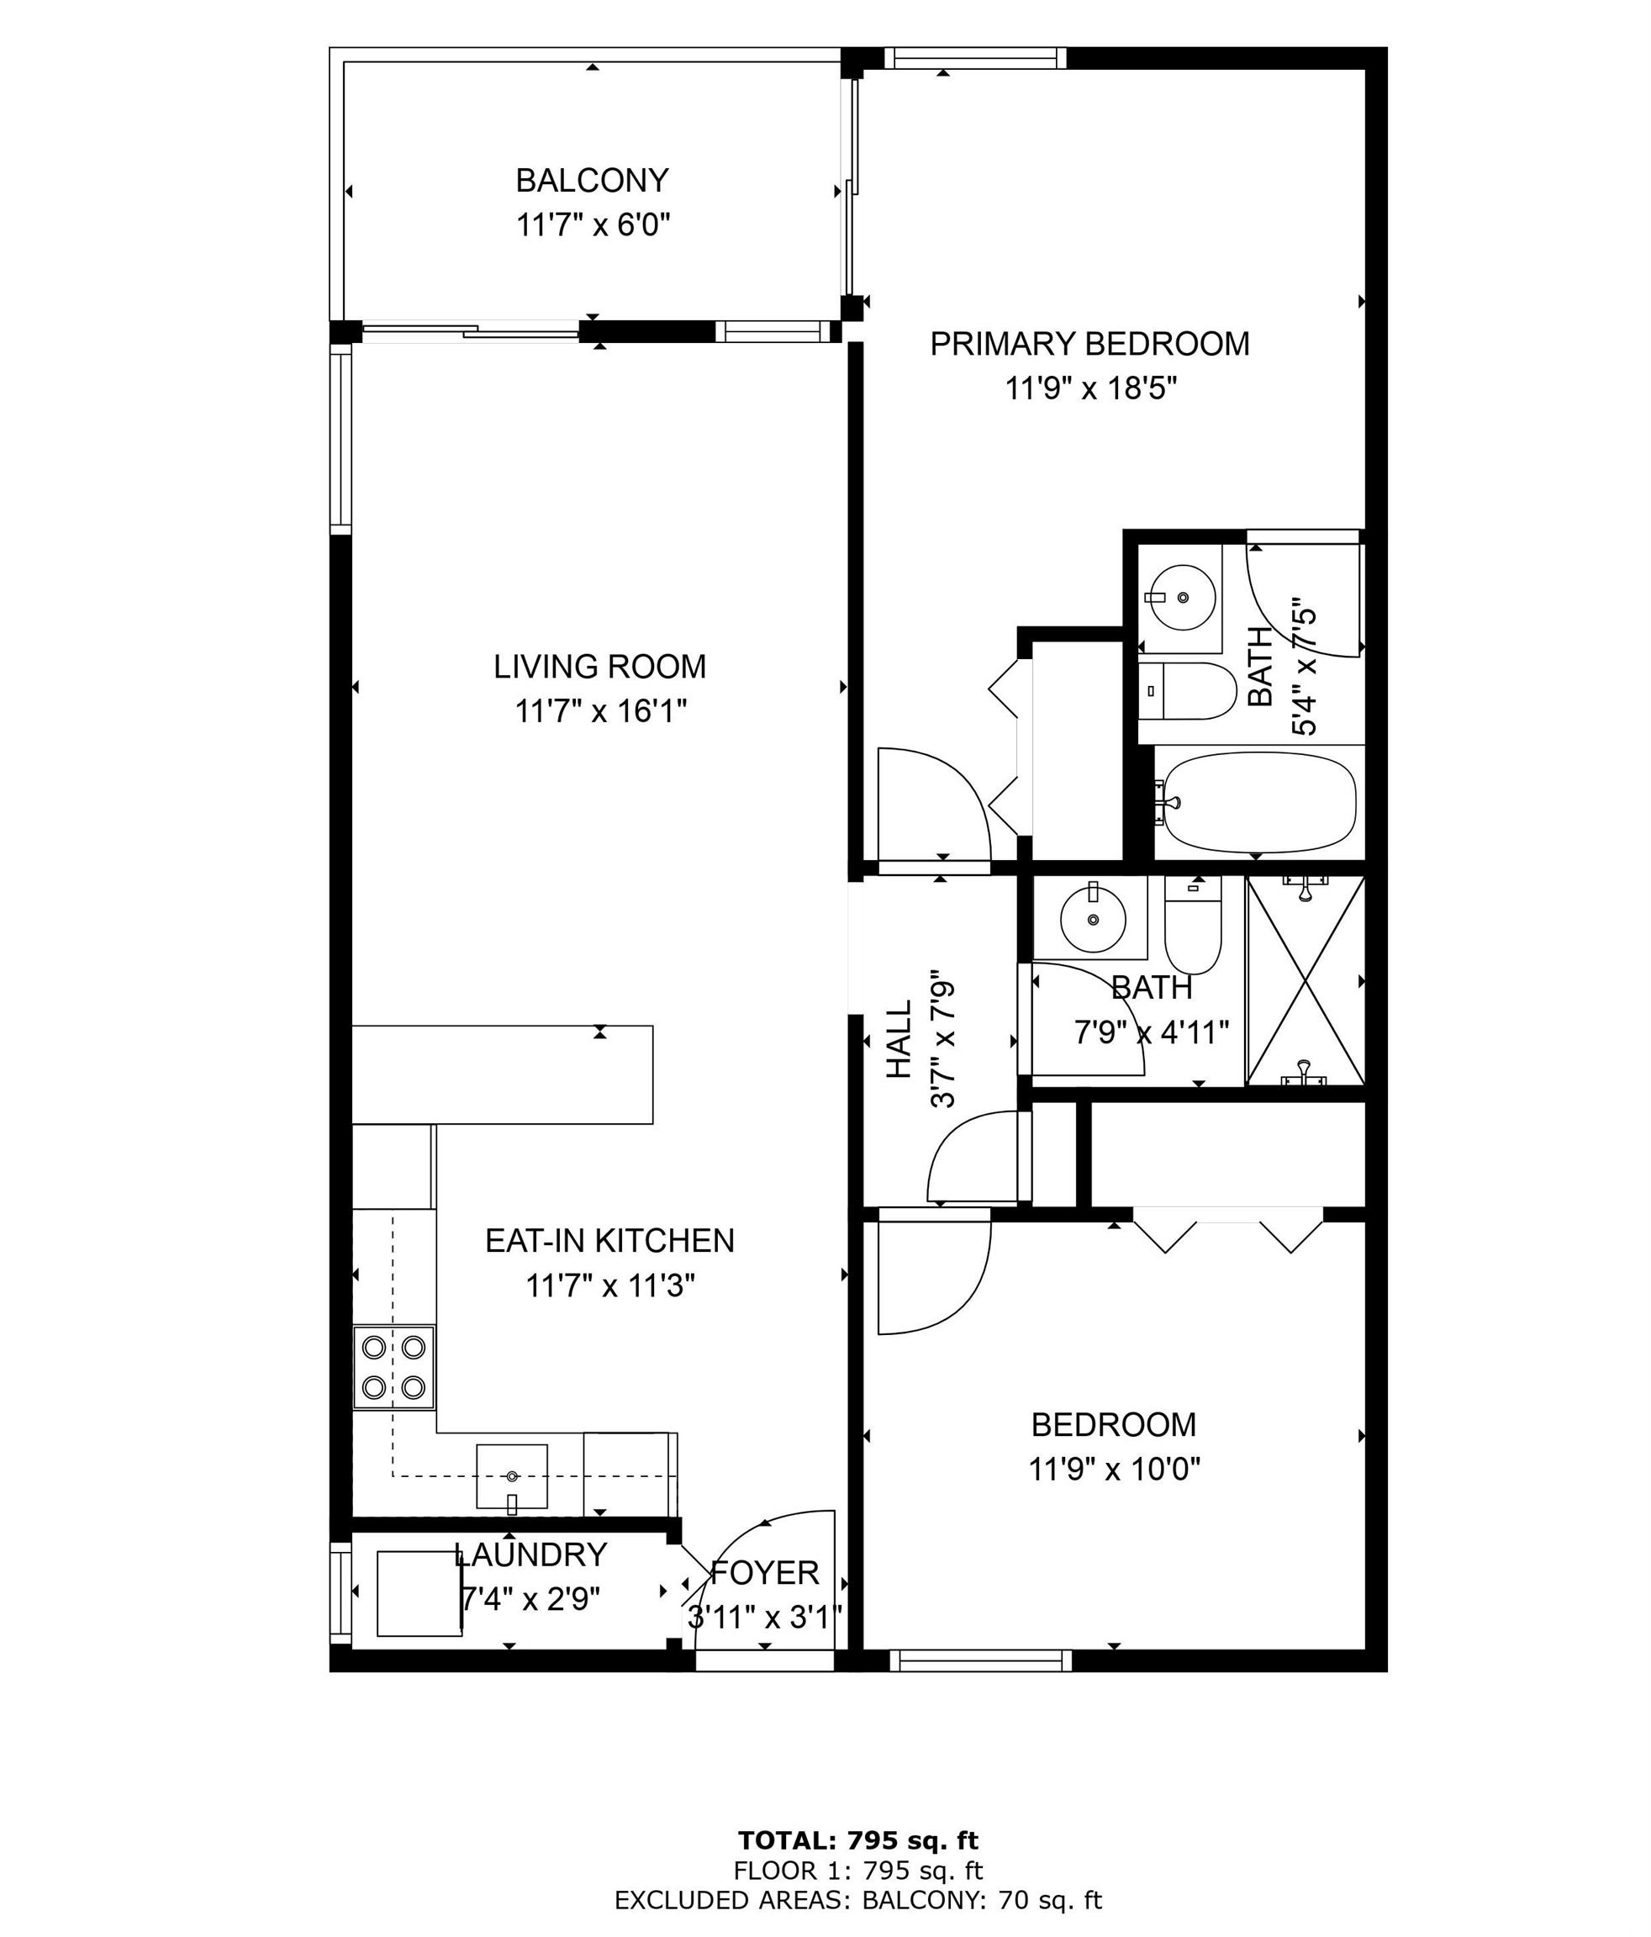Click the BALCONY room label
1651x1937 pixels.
point(592,178)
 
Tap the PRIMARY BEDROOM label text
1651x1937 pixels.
point(1089,344)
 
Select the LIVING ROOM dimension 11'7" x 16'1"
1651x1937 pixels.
point(601,711)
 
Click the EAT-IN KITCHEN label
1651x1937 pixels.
point(609,1241)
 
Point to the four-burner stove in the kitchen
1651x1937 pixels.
point(393,1367)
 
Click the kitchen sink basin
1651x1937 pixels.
point(511,1477)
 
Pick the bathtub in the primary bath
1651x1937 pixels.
point(1257,802)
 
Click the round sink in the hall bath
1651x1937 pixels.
point(1093,920)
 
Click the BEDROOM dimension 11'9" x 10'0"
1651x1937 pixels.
point(1115,1470)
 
